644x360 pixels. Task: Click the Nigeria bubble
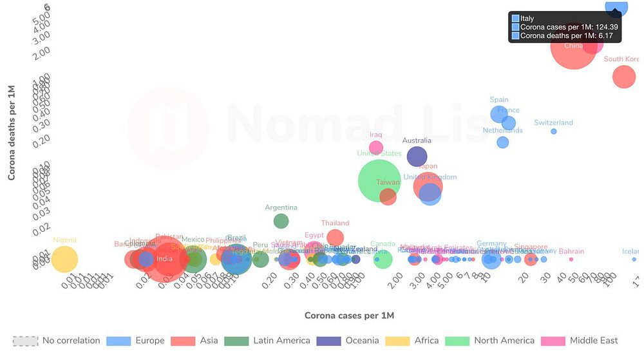point(64,260)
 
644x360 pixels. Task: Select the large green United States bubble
point(381,181)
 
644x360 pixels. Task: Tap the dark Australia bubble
point(417,156)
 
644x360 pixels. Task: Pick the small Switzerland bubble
point(553,131)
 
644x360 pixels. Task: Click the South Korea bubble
point(623,77)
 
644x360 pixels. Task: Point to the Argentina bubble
point(281,221)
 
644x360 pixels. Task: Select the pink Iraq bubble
point(375,147)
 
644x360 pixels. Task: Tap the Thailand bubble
point(335,237)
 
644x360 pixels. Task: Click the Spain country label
point(499,100)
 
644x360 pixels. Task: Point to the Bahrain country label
point(571,251)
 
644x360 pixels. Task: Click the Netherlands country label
point(502,130)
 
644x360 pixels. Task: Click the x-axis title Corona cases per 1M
point(349,316)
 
